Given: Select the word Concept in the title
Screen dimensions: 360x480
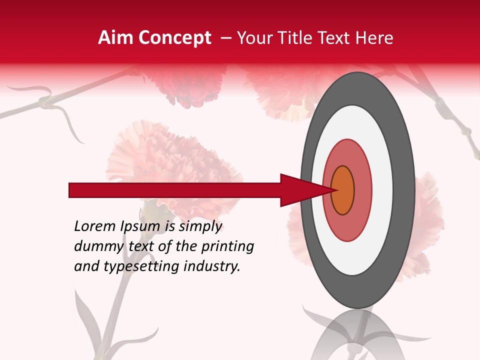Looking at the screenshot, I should (174, 38).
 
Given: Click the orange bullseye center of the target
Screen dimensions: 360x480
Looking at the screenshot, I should (342, 190).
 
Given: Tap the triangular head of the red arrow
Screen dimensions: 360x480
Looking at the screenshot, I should (305, 190).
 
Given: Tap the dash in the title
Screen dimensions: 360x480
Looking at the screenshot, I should (225, 38).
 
